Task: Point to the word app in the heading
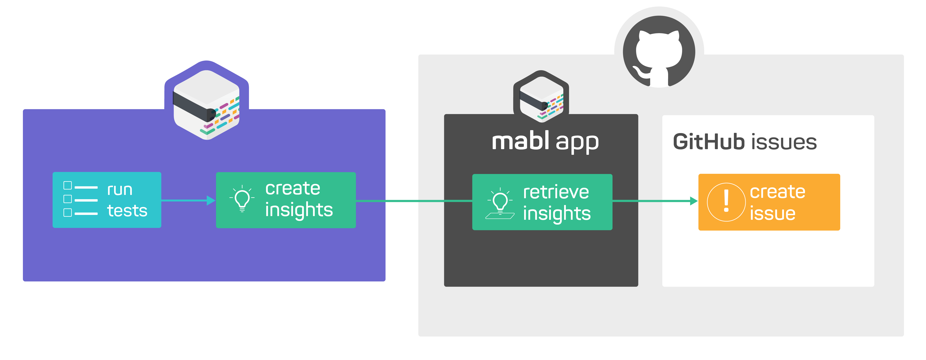pos(577,143)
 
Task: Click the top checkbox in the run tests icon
pos(68,185)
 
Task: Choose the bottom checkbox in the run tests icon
pos(68,213)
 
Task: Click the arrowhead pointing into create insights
pos(211,201)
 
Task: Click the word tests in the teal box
pos(127,210)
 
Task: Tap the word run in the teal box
pos(120,190)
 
